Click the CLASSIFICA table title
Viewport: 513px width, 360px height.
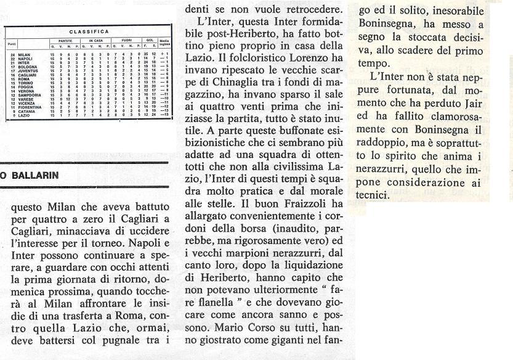tap(89, 31)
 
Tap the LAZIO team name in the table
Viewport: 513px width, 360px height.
tap(23, 115)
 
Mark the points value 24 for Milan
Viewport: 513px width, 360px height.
tap(12, 55)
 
